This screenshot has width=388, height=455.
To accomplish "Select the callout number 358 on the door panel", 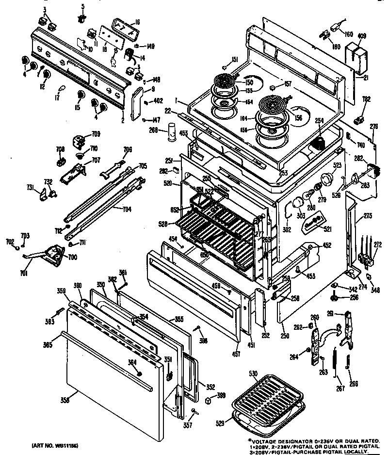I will point(65,400).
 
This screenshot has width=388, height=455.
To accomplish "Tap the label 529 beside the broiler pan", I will point(220,423).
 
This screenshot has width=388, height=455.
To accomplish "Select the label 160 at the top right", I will point(348,34).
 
